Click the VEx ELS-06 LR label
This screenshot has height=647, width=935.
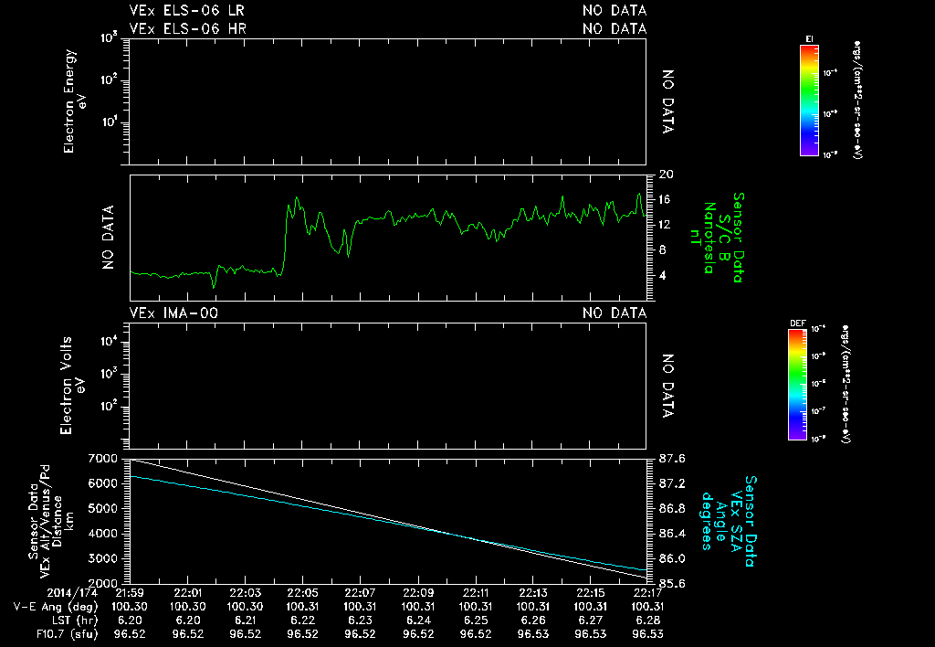tap(187, 11)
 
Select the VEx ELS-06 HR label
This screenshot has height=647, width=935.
tap(187, 28)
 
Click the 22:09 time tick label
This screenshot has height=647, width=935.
tap(418, 593)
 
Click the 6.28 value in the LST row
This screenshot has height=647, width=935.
tap(648, 620)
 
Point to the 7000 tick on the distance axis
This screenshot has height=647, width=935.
tap(103, 458)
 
